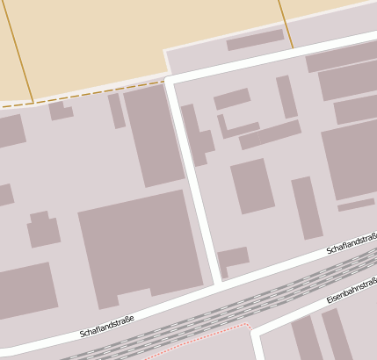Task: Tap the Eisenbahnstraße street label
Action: pyautogui.click(x=351, y=292)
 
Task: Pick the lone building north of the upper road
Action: pyautogui.click(x=255, y=40)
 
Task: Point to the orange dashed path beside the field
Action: pyautogui.click(x=88, y=93)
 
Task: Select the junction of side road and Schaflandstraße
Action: pyautogui.click(x=216, y=284)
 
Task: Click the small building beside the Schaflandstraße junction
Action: pyautogui.click(x=233, y=259)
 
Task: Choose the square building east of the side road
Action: pyautogui.click(x=253, y=185)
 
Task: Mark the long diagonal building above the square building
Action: pyautogui.click(x=270, y=134)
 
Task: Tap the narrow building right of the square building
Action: pyautogui.click(x=307, y=207)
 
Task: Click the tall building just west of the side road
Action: pyautogui.click(x=154, y=135)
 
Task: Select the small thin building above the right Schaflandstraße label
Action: pyautogui.click(x=355, y=205)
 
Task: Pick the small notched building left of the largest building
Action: pyautogui.click(x=42, y=230)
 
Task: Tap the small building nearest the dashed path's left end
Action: pyautogui.click(x=60, y=111)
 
